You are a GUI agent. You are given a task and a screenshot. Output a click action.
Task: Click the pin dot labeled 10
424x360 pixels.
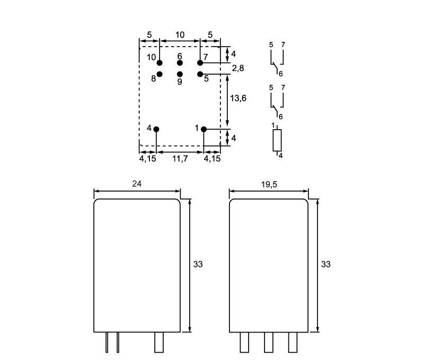(x=160, y=63)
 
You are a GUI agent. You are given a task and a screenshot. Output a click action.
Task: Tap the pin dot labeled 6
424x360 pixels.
(x=180, y=63)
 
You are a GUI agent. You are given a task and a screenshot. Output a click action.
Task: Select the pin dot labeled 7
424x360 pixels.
(x=200, y=63)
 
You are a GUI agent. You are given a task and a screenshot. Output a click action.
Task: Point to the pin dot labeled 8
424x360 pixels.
(x=160, y=74)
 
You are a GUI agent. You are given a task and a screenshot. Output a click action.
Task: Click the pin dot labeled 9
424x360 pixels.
(x=180, y=74)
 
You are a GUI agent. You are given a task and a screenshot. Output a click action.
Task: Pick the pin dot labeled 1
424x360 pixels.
(x=204, y=129)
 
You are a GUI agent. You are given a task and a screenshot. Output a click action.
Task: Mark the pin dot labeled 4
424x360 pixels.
(x=156, y=129)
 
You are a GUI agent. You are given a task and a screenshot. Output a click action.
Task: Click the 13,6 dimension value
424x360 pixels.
(x=238, y=98)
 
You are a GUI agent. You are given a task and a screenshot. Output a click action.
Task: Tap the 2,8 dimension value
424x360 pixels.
(x=238, y=68)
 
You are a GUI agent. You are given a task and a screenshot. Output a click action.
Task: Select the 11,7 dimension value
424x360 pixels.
(x=180, y=159)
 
